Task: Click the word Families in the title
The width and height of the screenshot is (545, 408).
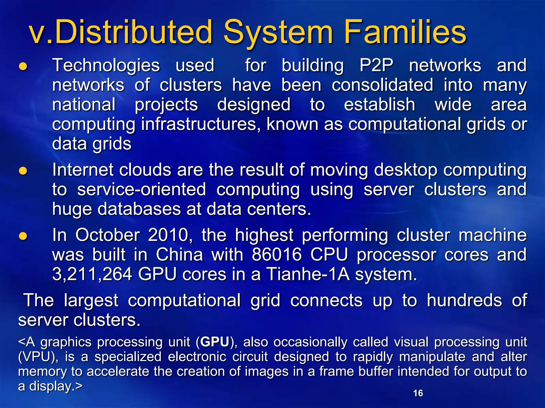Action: click(405, 32)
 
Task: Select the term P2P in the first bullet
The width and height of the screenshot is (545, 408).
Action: click(376, 65)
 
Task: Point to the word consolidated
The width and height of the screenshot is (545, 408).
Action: click(382, 85)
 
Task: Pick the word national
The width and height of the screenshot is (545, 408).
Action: click(84, 105)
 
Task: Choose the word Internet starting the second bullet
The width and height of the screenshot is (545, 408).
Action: click(82, 170)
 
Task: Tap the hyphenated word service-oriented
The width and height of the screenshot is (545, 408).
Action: click(142, 190)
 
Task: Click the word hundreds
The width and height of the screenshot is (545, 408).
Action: click(464, 301)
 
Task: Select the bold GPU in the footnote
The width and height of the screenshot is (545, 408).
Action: click(214, 342)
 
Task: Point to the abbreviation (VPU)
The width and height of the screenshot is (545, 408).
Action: click(38, 357)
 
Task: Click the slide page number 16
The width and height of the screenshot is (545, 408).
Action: click(418, 393)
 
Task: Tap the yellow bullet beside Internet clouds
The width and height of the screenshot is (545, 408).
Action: click(23, 171)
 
